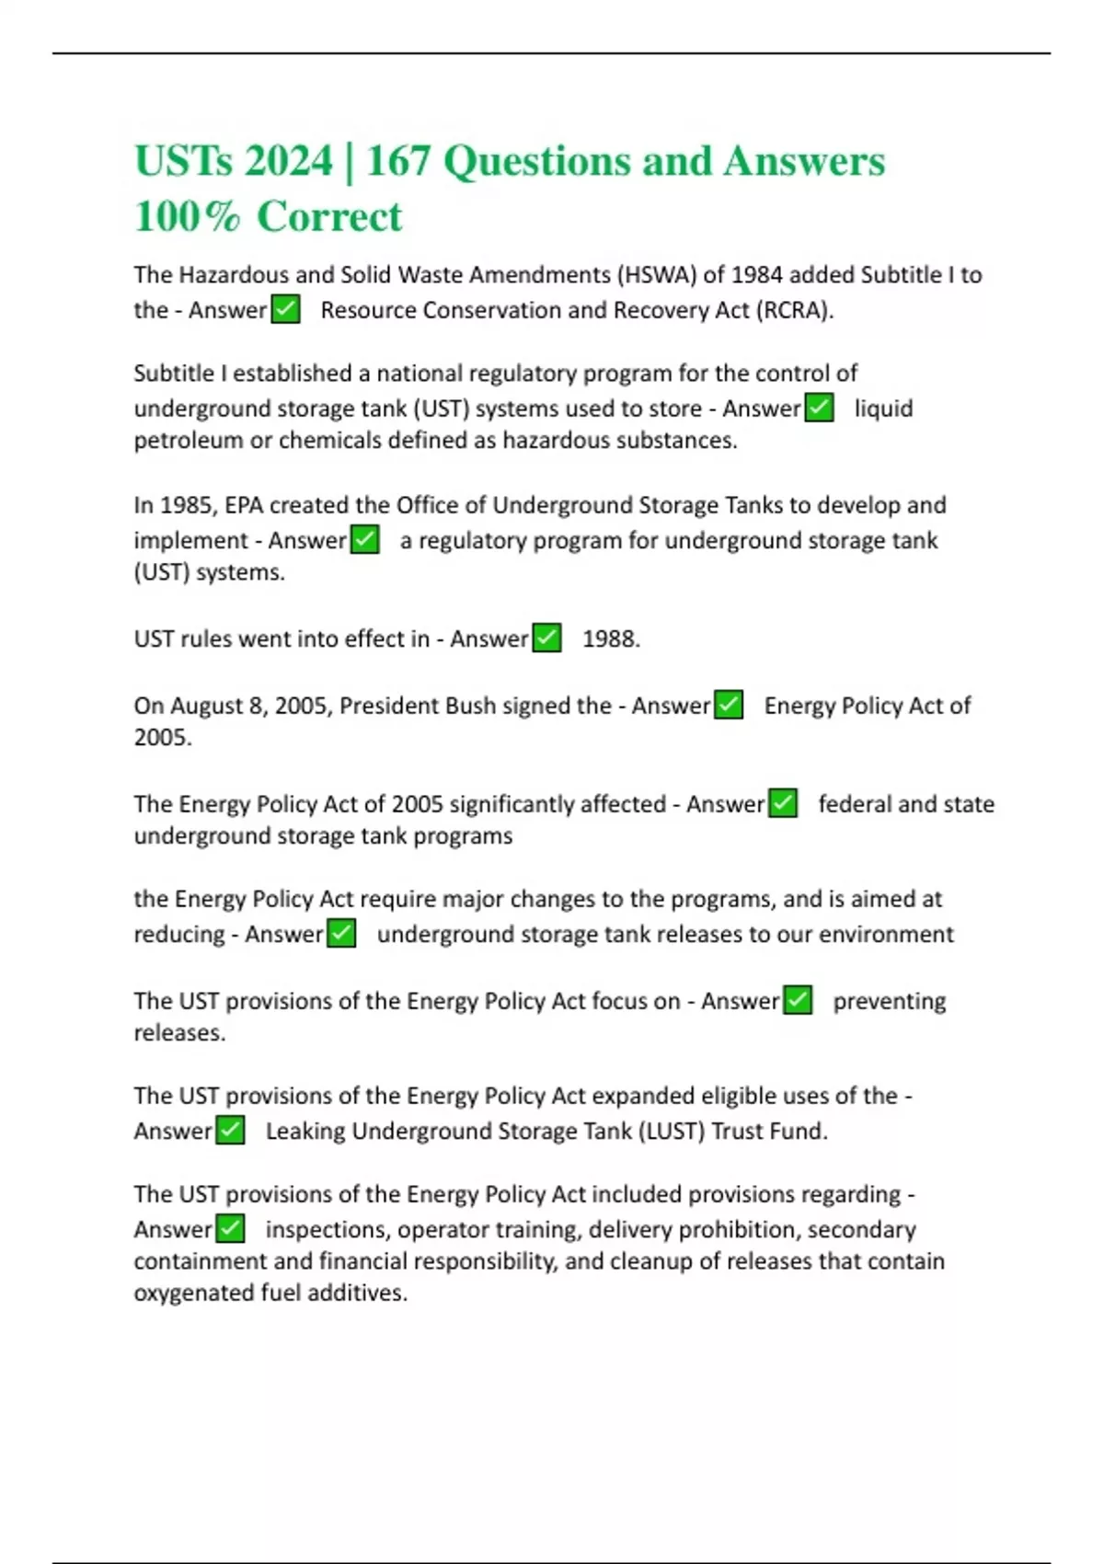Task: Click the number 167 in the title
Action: (398, 162)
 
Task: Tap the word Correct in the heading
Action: (329, 217)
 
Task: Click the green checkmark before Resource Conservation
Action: (286, 309)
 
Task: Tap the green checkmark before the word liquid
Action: (819, 408)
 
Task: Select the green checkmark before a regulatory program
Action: (365, 539)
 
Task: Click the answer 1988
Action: (611, 638)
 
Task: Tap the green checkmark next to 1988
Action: (547, 638)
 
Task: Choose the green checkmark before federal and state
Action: (783, 803)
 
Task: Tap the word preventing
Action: (889, 1001)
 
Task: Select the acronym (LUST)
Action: (672, 1132)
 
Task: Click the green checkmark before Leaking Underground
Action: (230, 1131)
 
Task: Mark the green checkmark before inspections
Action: (230, 1229)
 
